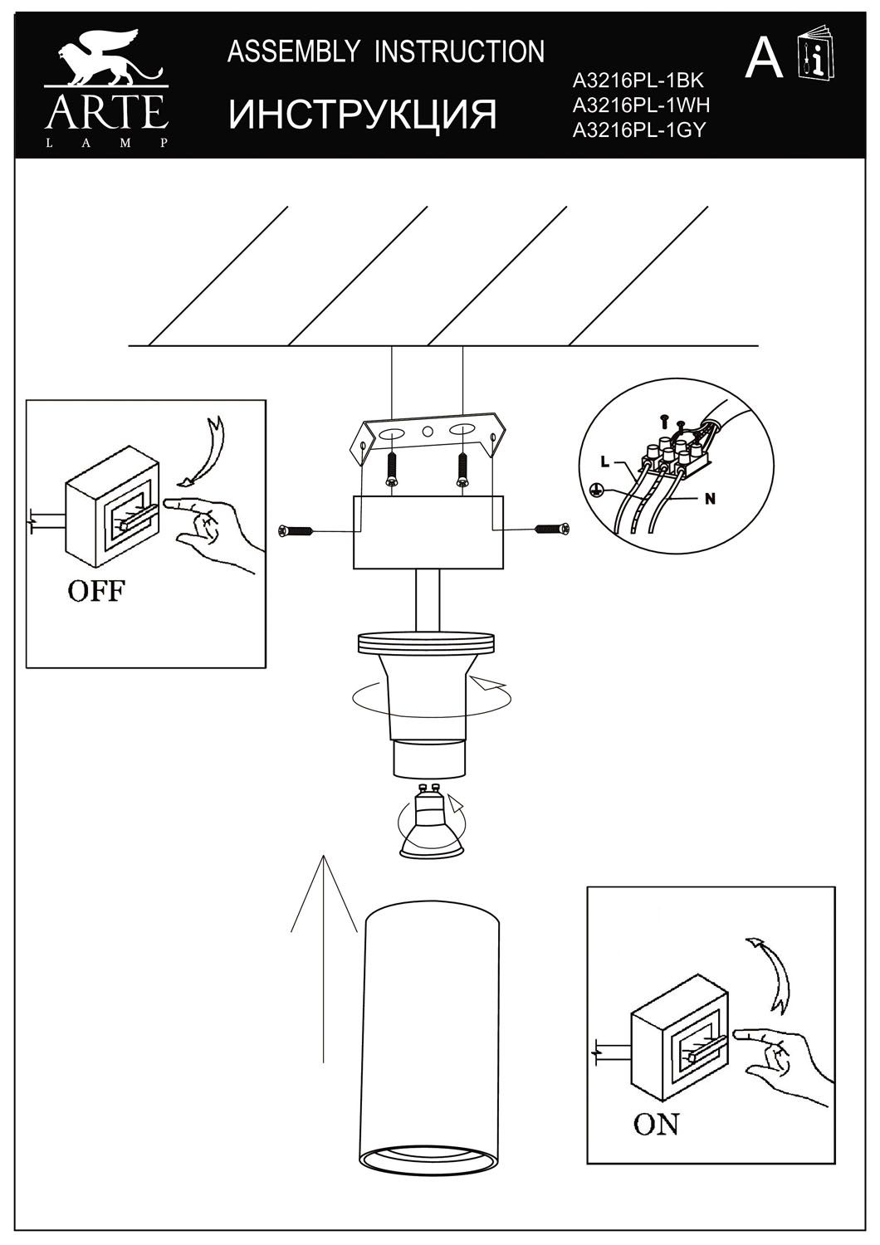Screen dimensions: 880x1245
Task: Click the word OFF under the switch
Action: click(x=96, y=591)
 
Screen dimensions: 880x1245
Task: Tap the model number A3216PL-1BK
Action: click(x=638, y=81)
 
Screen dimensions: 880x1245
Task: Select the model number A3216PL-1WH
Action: click(x=642, y=105)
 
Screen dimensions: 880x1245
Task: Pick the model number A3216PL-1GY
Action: click(x=639, y=129)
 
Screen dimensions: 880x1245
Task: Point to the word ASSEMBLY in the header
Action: click(x=294, y=51)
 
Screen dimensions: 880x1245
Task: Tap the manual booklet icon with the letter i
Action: click(x=816, y=56)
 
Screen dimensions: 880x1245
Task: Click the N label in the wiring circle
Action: click(x=710, y=499)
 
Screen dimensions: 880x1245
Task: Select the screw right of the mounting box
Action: click(x=553, y=530)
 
